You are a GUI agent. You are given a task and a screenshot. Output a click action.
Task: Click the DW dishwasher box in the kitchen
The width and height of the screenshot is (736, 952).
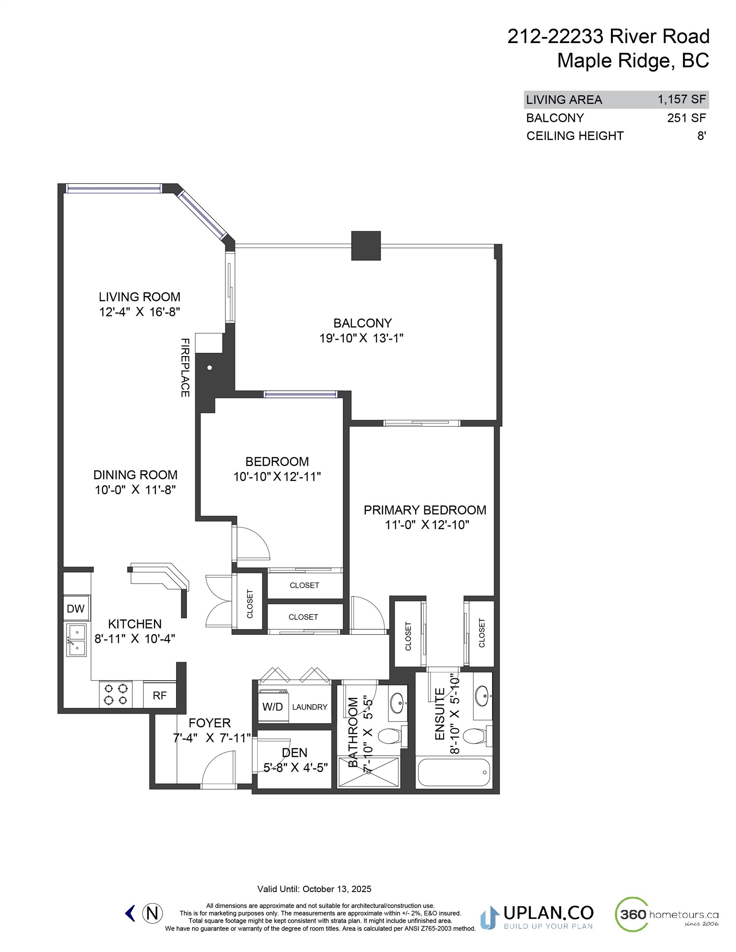76,609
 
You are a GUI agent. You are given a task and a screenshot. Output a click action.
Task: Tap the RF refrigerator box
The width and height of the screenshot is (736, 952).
160,695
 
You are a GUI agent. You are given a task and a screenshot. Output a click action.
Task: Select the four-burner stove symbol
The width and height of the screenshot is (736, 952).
116,695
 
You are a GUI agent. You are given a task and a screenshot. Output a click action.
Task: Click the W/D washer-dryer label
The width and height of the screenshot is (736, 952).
272,707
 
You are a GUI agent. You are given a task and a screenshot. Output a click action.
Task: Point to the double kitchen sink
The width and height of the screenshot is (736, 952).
76,640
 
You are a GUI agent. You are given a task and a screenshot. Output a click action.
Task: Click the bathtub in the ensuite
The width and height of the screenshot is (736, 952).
454,772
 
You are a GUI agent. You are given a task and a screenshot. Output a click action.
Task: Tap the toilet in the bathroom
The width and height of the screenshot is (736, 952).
390,736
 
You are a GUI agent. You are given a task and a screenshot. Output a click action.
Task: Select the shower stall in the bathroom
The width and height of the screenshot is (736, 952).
369,772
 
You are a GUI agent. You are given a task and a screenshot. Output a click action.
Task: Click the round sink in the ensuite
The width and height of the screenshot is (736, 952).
482,693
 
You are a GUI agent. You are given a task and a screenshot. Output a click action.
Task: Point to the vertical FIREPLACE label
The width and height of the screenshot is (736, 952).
185,367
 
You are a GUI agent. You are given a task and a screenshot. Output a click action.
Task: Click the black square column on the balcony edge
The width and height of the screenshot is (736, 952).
366,245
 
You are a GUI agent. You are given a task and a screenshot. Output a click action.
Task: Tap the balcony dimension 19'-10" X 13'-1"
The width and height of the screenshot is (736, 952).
361,338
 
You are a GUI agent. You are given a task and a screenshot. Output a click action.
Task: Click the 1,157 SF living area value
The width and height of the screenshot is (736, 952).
681,100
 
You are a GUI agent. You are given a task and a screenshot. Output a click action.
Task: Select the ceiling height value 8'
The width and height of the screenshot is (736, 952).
701,136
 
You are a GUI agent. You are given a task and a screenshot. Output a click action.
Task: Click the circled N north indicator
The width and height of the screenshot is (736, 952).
152,913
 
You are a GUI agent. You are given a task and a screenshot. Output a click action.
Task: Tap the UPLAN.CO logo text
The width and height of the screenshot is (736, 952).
548,912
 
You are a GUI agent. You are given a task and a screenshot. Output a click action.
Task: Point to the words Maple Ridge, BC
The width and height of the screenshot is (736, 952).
633,61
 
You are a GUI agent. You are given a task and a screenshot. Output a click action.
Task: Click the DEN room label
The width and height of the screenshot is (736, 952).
294,752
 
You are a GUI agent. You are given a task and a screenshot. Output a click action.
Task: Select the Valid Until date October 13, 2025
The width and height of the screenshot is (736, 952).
337,889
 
